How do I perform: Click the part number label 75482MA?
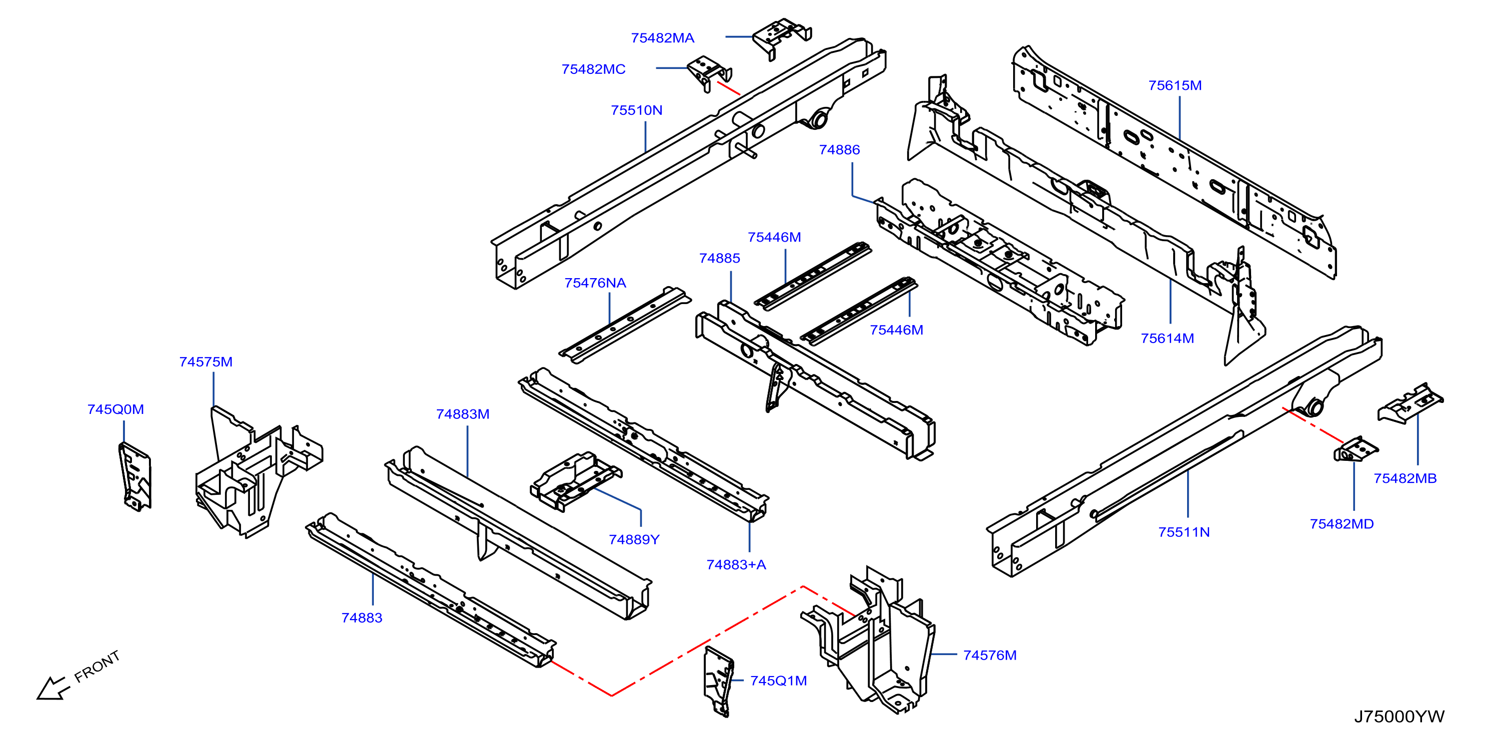662,38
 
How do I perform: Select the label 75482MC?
593,69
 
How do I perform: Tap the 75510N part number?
636,110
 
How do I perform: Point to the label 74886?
839,150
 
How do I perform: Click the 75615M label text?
1175,86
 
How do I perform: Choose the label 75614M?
1167,339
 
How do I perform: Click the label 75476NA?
595,283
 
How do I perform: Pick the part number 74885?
719,259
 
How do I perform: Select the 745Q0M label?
115,409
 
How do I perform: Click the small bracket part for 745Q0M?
135,476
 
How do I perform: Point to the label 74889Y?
634,540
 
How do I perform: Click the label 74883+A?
736,565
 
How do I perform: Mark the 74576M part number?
990,655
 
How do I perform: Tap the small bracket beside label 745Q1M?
719,681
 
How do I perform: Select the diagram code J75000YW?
1399,717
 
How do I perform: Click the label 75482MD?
1341,524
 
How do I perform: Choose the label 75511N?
1184,532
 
